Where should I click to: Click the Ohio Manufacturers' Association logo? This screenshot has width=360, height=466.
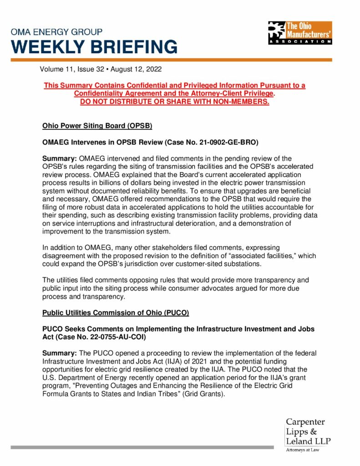point(300,32)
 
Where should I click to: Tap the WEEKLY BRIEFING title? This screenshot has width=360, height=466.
point(94,47)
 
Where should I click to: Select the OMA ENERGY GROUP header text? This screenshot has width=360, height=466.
point(56,32)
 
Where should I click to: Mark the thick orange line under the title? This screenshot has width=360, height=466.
point(171,60)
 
